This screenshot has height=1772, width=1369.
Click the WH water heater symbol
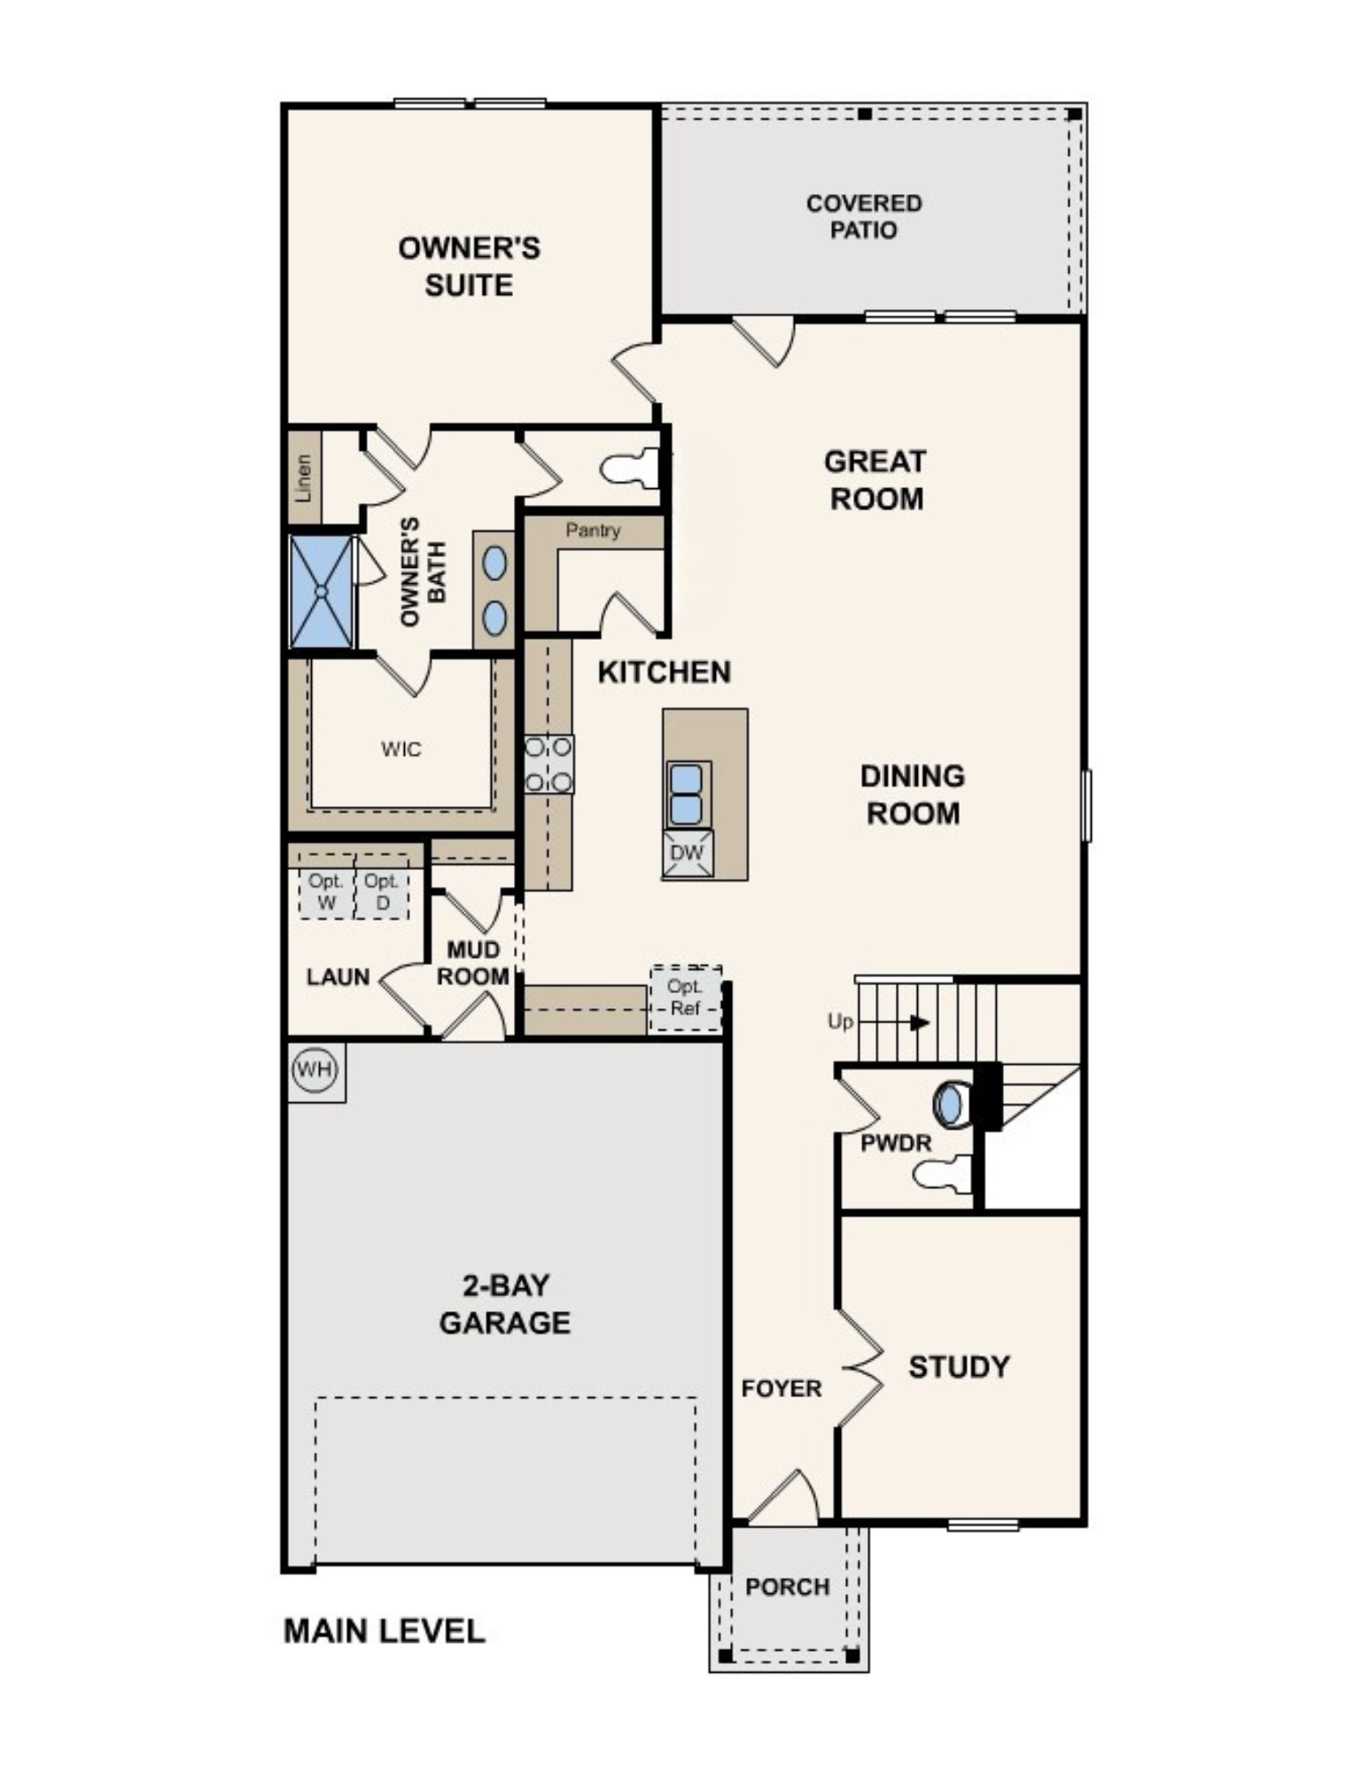[x=315, y=1069]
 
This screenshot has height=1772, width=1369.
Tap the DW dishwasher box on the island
[x=688, y=853]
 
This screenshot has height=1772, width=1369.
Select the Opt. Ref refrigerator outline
[x=686, y=999]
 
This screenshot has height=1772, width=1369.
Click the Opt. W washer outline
[x=327, y=886]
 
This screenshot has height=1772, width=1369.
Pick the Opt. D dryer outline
[x=382, y=886]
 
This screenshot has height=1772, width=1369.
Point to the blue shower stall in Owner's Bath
[x=322, y=591]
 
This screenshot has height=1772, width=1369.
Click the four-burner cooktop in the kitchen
[x=548, y=764]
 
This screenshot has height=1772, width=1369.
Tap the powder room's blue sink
[x=949, y=1105]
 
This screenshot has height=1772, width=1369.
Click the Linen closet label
[x=304, y=478]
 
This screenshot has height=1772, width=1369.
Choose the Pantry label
[x=593, y=531]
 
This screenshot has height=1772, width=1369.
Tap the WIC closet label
[x=401, y=750]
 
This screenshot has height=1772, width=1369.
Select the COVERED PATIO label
[x=864, y=217]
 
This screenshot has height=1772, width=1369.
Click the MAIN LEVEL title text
[x=385, y=1632]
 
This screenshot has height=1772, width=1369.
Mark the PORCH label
[x=787, y=1587]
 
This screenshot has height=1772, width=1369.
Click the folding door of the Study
[x=861, y=1368]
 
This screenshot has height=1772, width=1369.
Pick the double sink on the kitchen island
[x=688, y=794]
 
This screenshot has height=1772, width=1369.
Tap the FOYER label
[x=782, y=1388]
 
